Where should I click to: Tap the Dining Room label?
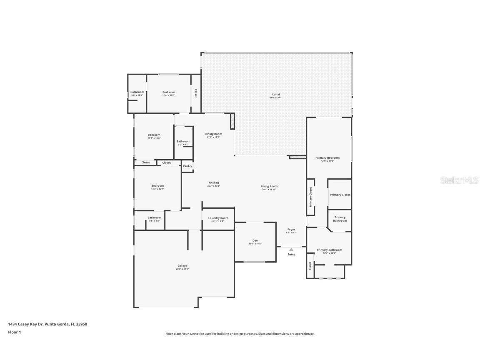[x=213, y=134]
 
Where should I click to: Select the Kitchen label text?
[x=214, y=182]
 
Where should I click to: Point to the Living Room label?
[x=269, y=186]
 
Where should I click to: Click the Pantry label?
[x=187, y=166]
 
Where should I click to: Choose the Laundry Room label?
[x=218, y=218]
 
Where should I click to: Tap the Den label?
[x=255, y=240]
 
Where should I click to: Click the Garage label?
[x=182, y=265]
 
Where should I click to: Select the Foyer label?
[x=291, y=230]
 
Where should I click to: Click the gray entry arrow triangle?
[x=291, y=250]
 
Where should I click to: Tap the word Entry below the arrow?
[x=291, y=254]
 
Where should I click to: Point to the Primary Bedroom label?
[x=327, y=157]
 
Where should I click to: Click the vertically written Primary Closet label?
[x=311, y=197]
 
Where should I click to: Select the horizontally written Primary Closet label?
[x=340, y=195]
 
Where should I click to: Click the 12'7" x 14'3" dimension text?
[x=329, y=253]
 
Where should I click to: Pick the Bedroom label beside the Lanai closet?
[x=169, y=92]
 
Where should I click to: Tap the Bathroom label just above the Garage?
[x=154, y=217]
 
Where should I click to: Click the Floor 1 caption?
[x=14, y=332]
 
